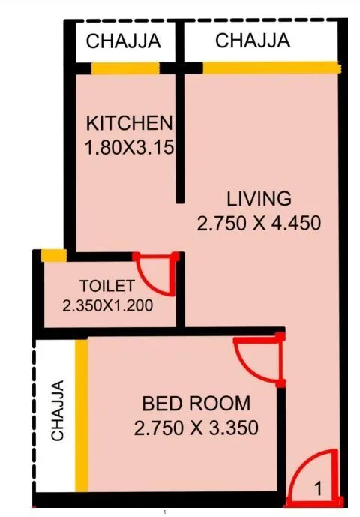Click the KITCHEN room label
129,122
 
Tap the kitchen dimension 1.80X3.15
129,147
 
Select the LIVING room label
259,199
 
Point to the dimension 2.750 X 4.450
259,223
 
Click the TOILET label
107,286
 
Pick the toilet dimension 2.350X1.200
107,305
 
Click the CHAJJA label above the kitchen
123,42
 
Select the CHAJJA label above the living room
253,41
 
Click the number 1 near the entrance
318,489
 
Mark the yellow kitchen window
125,68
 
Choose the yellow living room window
270,68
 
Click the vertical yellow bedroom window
80,414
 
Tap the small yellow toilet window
52,256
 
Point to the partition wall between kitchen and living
180,135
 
